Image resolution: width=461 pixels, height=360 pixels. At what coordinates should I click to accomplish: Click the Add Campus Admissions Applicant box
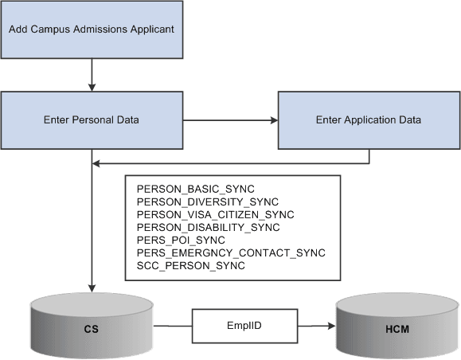pyautogui.click(x=93, y=29)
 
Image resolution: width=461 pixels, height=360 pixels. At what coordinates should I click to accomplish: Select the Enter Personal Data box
pyautogui.click(x=93, y=120)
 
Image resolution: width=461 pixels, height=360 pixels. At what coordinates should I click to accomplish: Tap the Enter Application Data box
pyautogui.click(x=368, y=120)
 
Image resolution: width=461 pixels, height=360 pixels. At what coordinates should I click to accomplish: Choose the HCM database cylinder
pyautogui.click(x=395, y=327)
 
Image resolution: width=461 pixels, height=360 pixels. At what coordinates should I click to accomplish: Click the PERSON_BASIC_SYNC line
pyautogui.click(x=196, y=188)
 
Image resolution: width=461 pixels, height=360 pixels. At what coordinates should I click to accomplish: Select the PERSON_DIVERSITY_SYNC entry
pyautogui.click(x=207, y=202)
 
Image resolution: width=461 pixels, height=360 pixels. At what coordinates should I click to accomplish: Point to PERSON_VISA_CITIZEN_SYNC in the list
pyautogui.click(x=215, y=214)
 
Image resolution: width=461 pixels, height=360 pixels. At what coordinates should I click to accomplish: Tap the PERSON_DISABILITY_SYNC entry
pyautogui.click(x=209, y=227)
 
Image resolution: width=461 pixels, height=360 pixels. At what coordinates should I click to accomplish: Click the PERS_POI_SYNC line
pyautogui.click(x=181, y=240)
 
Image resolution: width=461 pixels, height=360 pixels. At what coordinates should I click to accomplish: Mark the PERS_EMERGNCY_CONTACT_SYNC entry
pyautogui.click(x=231, y=252)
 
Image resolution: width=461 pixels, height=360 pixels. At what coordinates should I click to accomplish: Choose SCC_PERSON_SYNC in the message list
pyautogui.click(x=191, y=265)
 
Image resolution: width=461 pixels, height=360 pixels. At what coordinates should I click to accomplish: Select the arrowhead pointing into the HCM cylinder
pyautogui.click(x=330, y=325)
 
